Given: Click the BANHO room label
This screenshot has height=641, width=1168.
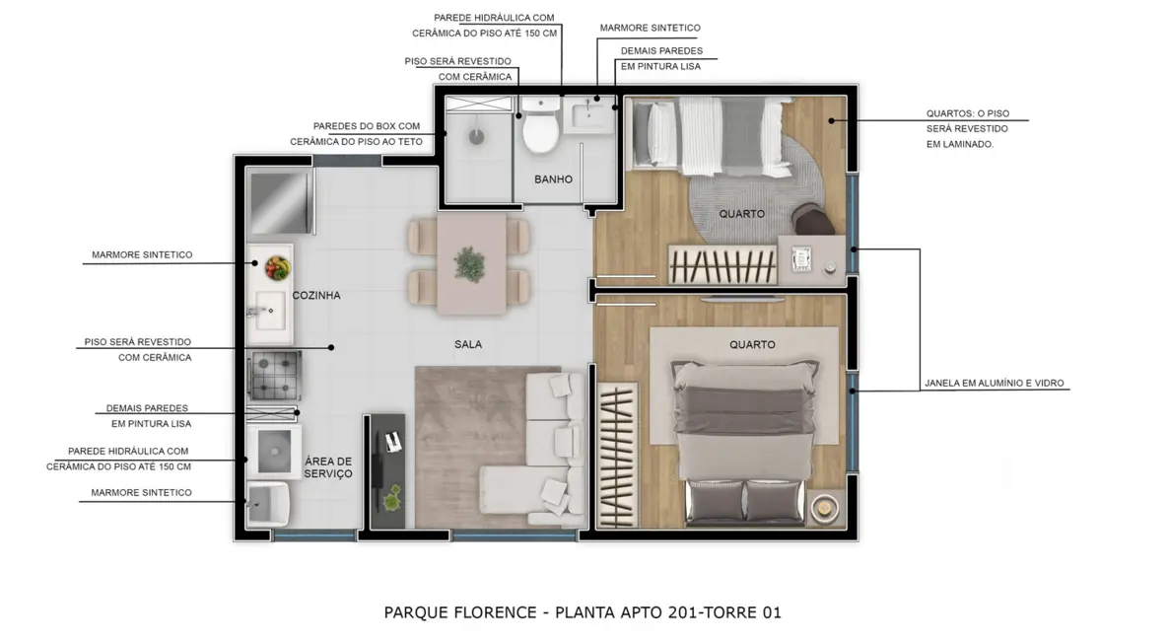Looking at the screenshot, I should pyautogui.click(x=553, y=179).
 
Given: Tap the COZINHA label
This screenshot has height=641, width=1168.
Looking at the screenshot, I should pyautogui.click(x=316, y=295).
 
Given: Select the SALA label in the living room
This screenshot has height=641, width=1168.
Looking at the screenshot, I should pyautogui.click(x=468, y=344).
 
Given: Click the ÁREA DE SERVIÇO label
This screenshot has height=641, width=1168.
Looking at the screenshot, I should pyautogui.click(x=328, y=467).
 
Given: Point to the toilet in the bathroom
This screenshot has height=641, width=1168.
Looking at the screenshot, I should pyautogui.click(x=540, y=128).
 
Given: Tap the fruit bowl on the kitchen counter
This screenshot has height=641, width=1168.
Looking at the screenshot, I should pyautogui.click(x=276, y=266).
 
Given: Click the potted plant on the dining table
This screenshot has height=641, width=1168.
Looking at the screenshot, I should pyautogui.click(x=469, y=263).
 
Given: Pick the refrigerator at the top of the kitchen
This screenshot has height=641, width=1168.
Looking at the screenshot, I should pyautogui.click(x=279, y=202).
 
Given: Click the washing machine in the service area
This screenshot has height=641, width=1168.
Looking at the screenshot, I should pyautogui.click(x=273, y=452).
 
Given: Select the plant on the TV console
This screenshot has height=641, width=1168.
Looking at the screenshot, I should pyautogui.click(x=392, y=499).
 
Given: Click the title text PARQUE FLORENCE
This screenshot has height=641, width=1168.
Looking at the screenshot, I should pyautogui.click(x=458, y=612).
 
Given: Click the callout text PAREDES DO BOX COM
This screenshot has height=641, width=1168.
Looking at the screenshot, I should pyautogui.click(x=367, y=126).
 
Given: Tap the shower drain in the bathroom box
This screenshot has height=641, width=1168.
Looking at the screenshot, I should pyautogui.click(x=477, y=137).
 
